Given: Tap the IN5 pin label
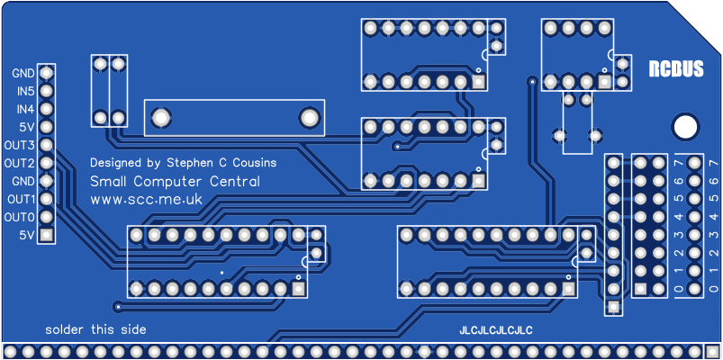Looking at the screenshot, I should coord(25,91).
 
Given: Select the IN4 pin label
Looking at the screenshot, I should coord(25,109).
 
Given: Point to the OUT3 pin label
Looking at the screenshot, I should coord(19,145).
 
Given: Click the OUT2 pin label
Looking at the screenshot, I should coord(19,163).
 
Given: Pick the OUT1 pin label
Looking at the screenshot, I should coord(19,199).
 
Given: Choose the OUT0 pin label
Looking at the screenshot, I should coord(19,217).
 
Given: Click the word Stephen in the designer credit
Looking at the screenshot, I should coord(188,163).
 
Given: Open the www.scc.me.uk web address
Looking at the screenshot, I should coord(146,200).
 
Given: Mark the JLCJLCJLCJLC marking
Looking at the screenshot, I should coord(496,330).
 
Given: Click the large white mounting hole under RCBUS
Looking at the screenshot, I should coord(685,126).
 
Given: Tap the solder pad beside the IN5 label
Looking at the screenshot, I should coord(46,91).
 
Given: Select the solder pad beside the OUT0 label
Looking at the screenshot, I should coord(46,217).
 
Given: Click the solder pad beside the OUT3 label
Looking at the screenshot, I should coord(46,145).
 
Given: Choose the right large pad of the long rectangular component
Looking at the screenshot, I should coord(307,117).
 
